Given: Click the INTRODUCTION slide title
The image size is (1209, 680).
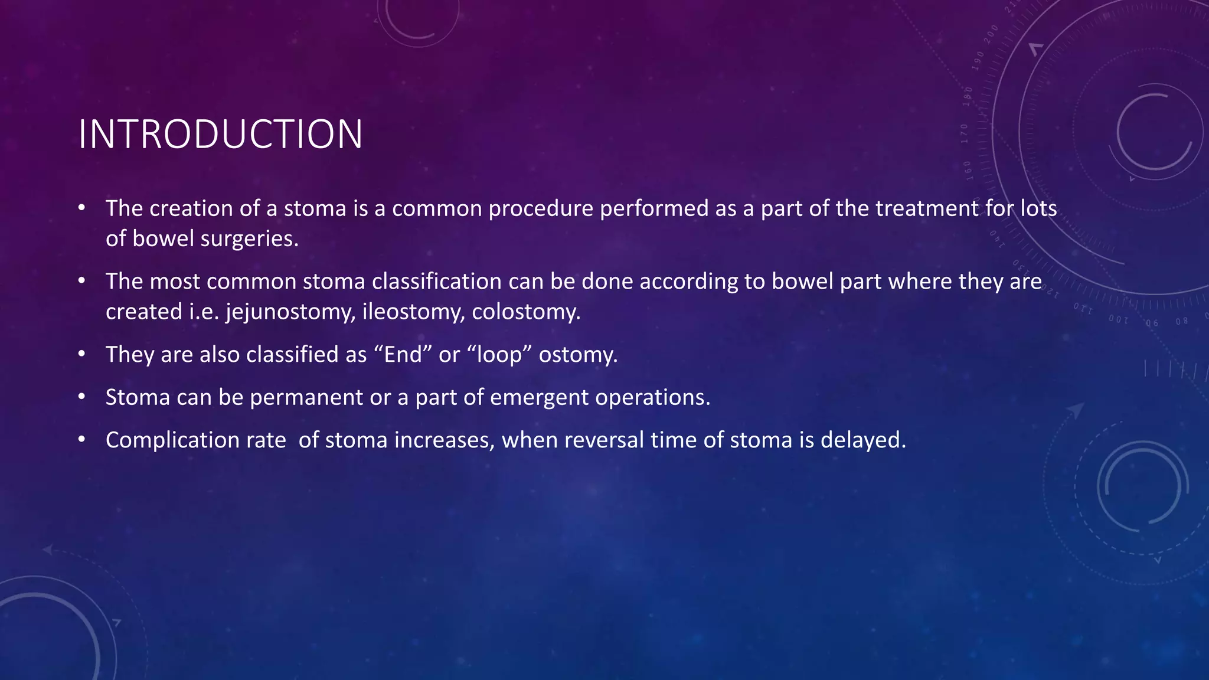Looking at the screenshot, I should coord(220,135).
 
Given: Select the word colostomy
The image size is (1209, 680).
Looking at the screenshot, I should coord(526,312).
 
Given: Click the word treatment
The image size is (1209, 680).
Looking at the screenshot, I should coord(927,209).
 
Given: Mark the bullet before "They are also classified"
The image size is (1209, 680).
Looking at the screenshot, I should coord(81,354).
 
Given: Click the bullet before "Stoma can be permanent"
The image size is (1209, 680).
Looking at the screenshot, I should coord(81,397).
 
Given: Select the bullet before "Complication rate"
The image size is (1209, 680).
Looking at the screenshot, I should coord(81,440).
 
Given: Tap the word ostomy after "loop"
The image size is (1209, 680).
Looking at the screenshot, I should coord(578,355).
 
